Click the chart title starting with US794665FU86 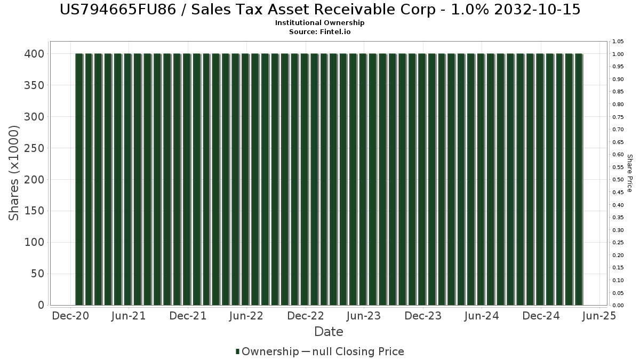[x=320, y=10]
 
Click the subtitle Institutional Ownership [x=320, y=23]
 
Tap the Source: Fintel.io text [x=320, y=32]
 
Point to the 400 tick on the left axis [x=33, y=54]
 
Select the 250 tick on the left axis [x=33, y=148]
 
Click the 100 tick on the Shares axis [x=33, y=243]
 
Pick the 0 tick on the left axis [x=41, y=306]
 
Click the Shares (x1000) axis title [x=14, y=173]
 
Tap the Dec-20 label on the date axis [x=70, y=316]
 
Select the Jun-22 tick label [x=246, y=316]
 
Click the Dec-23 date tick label [x=423, y=316]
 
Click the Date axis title [x=329, y=332]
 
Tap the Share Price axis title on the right [x=630, y=173]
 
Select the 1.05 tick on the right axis [x=618, y=42]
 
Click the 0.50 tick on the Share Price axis [x=618, y=180]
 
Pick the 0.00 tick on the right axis [x=618, y=306]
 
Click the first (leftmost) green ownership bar [x=79, y=179]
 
